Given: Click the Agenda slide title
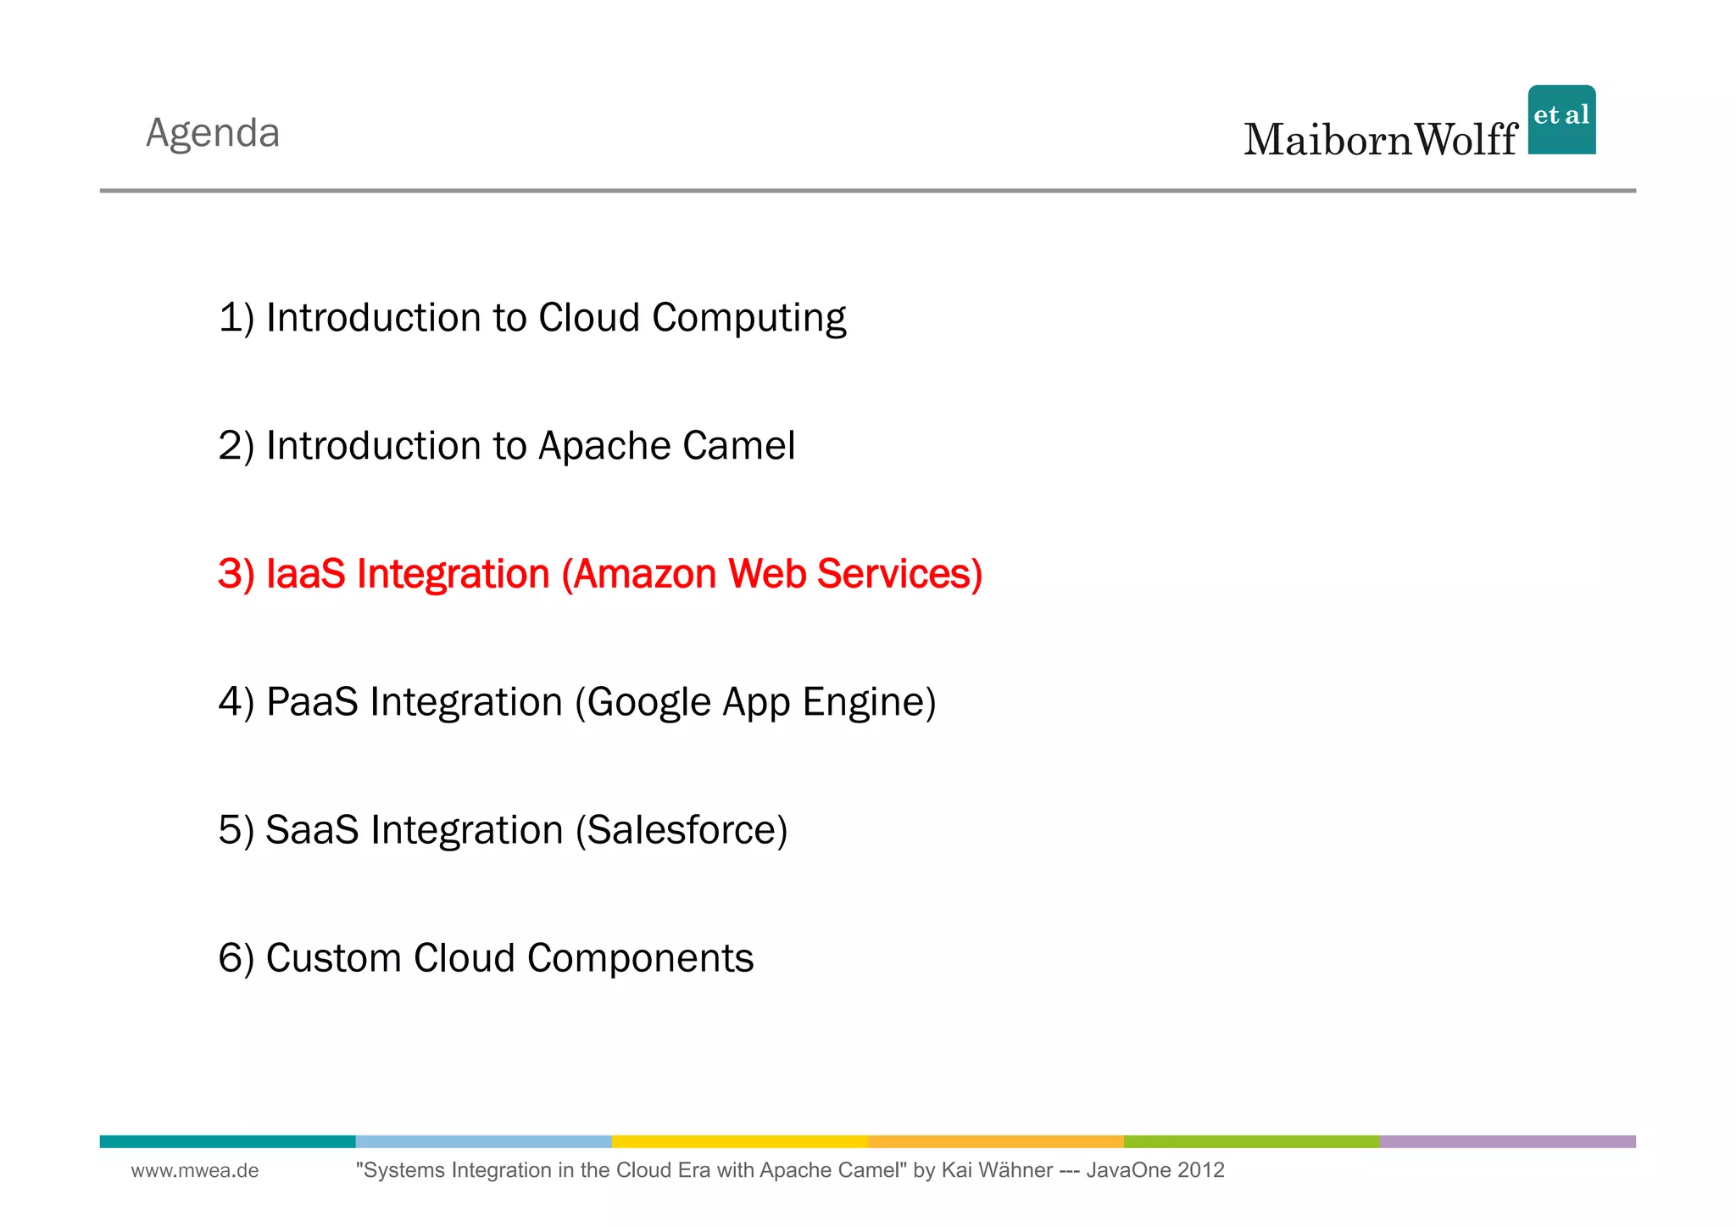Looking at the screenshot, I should [213, 133].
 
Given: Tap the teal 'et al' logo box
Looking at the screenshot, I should [1561, 120].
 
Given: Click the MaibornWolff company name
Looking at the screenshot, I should [1380, 140].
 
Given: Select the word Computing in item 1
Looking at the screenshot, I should [748, 319].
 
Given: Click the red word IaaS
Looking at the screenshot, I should [305, 574].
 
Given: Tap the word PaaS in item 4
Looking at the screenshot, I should [312, 702].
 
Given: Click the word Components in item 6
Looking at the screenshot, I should [640, 958].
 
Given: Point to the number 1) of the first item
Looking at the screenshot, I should [236, 318].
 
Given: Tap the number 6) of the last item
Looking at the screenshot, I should [236, 958].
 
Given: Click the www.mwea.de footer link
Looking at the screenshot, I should [195, 1171].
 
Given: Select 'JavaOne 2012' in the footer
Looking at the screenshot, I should [1155, 1171].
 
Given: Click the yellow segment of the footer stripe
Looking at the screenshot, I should [739, 1141].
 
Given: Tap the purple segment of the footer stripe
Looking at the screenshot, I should [1507, 1141].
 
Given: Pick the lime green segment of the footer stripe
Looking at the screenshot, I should [1251, 1141].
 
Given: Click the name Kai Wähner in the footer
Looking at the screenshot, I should [997, 1171].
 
